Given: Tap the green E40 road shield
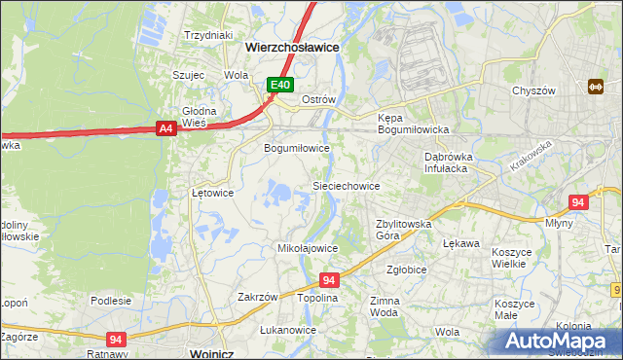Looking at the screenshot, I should coord(280,86).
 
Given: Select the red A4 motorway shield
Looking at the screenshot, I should coord(165,127).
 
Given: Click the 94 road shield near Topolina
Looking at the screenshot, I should coord(328,279).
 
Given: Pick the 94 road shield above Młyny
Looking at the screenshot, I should coord(578,202).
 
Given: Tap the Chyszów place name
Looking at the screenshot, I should coord(533,90).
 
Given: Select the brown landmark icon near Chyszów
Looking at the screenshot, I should coord(596,87).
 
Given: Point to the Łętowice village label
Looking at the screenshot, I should coord(211,193).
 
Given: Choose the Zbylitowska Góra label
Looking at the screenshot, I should coord(404,229).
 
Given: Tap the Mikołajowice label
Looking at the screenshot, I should coord(308,248).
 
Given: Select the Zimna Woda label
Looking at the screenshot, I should coord(385,307).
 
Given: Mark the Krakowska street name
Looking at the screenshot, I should coord(530,156).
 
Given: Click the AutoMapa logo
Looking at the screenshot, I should coord(559,340).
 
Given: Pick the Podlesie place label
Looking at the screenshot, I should coord(111,301).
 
